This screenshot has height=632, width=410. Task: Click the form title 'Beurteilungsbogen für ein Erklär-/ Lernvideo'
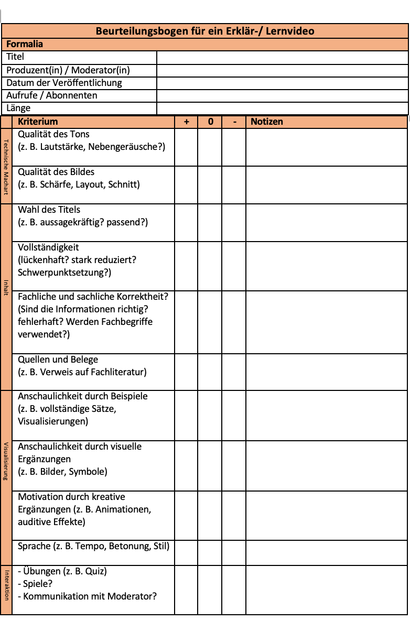coord(204,31)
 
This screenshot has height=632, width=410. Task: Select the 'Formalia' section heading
coord(25,44)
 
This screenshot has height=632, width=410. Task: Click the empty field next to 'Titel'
coord(282,57)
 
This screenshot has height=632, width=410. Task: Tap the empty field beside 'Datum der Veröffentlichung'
coord(282,83)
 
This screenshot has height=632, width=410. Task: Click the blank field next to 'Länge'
coord(282,108)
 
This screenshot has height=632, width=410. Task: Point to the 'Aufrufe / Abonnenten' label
coord(52,95)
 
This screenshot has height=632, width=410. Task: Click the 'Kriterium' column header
coord(38,122)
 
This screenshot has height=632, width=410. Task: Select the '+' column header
coord(186,122)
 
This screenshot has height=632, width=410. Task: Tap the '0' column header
coord(210,122)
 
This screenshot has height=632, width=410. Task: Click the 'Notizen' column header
coord(267,122)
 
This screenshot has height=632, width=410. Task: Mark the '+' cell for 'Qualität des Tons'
coord(186,147)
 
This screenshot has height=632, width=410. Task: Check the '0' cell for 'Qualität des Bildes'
coord(210,185)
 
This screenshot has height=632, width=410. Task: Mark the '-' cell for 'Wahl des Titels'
coord(234,223)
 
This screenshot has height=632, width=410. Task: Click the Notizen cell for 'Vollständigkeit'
coord(326,266)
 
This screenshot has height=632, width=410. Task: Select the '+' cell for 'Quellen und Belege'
coord(186,372)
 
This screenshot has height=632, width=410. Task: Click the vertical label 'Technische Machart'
coord(6,166)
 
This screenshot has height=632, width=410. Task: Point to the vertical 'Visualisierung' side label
coord(6,461)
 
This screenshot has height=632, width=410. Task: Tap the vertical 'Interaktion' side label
coord(6,584)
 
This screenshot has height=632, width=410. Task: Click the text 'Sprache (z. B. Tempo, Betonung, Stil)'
coord(94,546)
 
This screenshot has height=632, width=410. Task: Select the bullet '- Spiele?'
coord(35,584)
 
